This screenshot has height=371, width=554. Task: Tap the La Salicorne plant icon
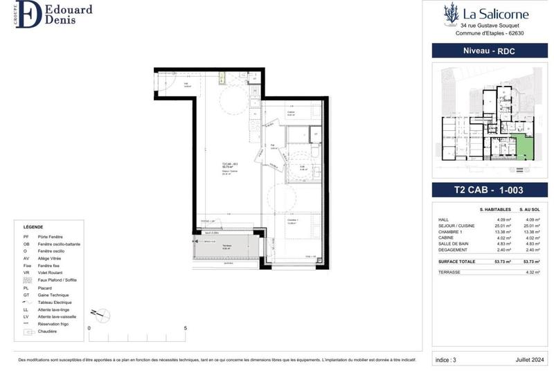(x=451, y=13)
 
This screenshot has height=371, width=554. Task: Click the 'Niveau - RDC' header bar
(x=490, y=51)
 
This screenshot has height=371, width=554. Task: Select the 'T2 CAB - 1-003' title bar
(x=490, y=190)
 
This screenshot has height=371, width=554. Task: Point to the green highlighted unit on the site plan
(x=527, y=147)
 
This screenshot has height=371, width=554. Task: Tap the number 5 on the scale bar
(x=185, y=329)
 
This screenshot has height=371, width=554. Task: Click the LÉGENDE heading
(x=33, y=227)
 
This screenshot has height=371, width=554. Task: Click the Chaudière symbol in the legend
(x=29, y=332)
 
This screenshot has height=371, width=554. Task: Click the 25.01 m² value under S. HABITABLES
(x=502, y=226)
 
